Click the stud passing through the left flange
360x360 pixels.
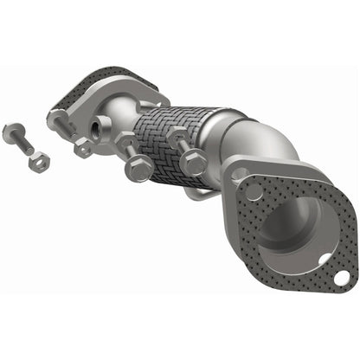coord(61,125)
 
